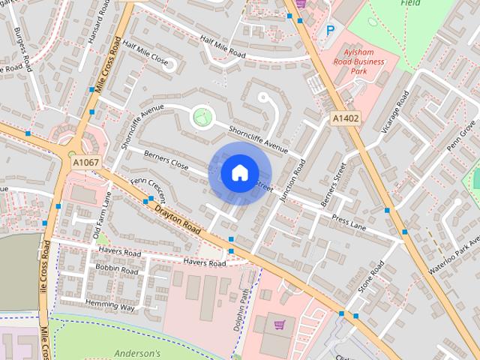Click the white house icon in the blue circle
pyautogui.click(x=239, y=173)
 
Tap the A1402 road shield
pyautogui.click(x=346, y=118)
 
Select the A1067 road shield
pyautogui.click(x=85, y=162)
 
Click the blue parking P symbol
pyautogui.click(x=330, y=31)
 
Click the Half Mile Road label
pyautogui.click(x=221, y=46)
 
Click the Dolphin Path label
pyautogui.click(x=242, y=307)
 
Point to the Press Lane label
pyautogui.click(x=349, y=220)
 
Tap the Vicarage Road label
pyautogui.click(x=394, y=112)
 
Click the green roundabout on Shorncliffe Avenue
pyautogui.click(x=201, y=116)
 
